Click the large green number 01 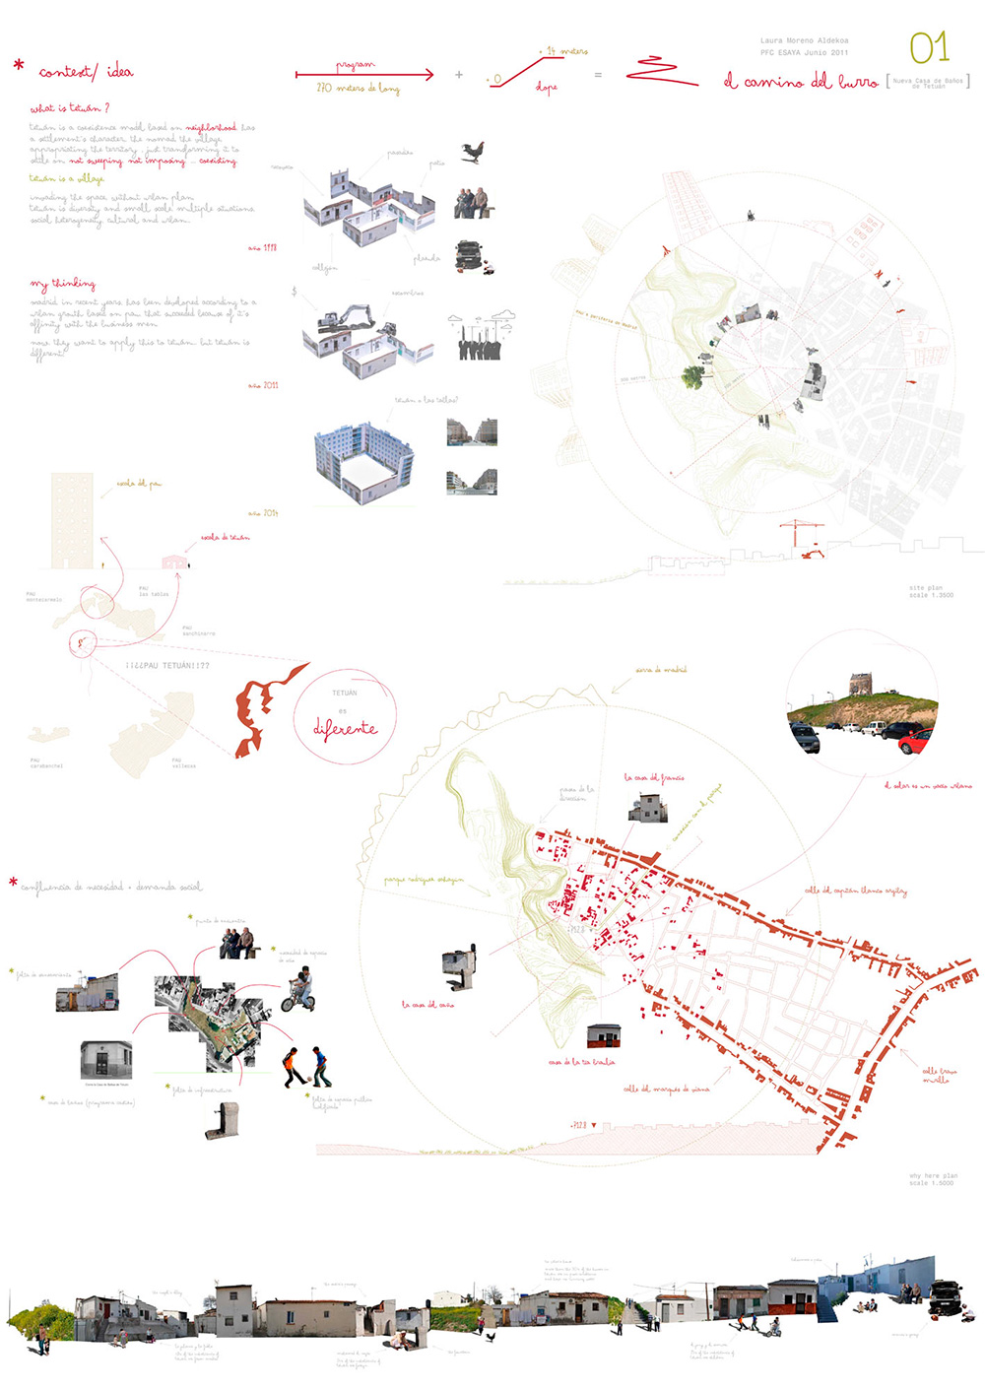(x=928, y=47)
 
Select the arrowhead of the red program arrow (x=428, y=74)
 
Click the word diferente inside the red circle (x=345, y=729)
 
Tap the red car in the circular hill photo (x=917, y=741)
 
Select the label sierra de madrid (x=661, y=670)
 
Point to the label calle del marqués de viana (x=666, y=1089)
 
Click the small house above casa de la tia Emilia (x=603, y=1036)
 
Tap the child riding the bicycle (x=299, y=991)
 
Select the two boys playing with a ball (x=306, y=1068)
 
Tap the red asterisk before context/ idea (x=19, y=66)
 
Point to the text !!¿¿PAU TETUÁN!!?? (x=167, y=666)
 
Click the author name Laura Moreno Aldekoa (x=804, y=40)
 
